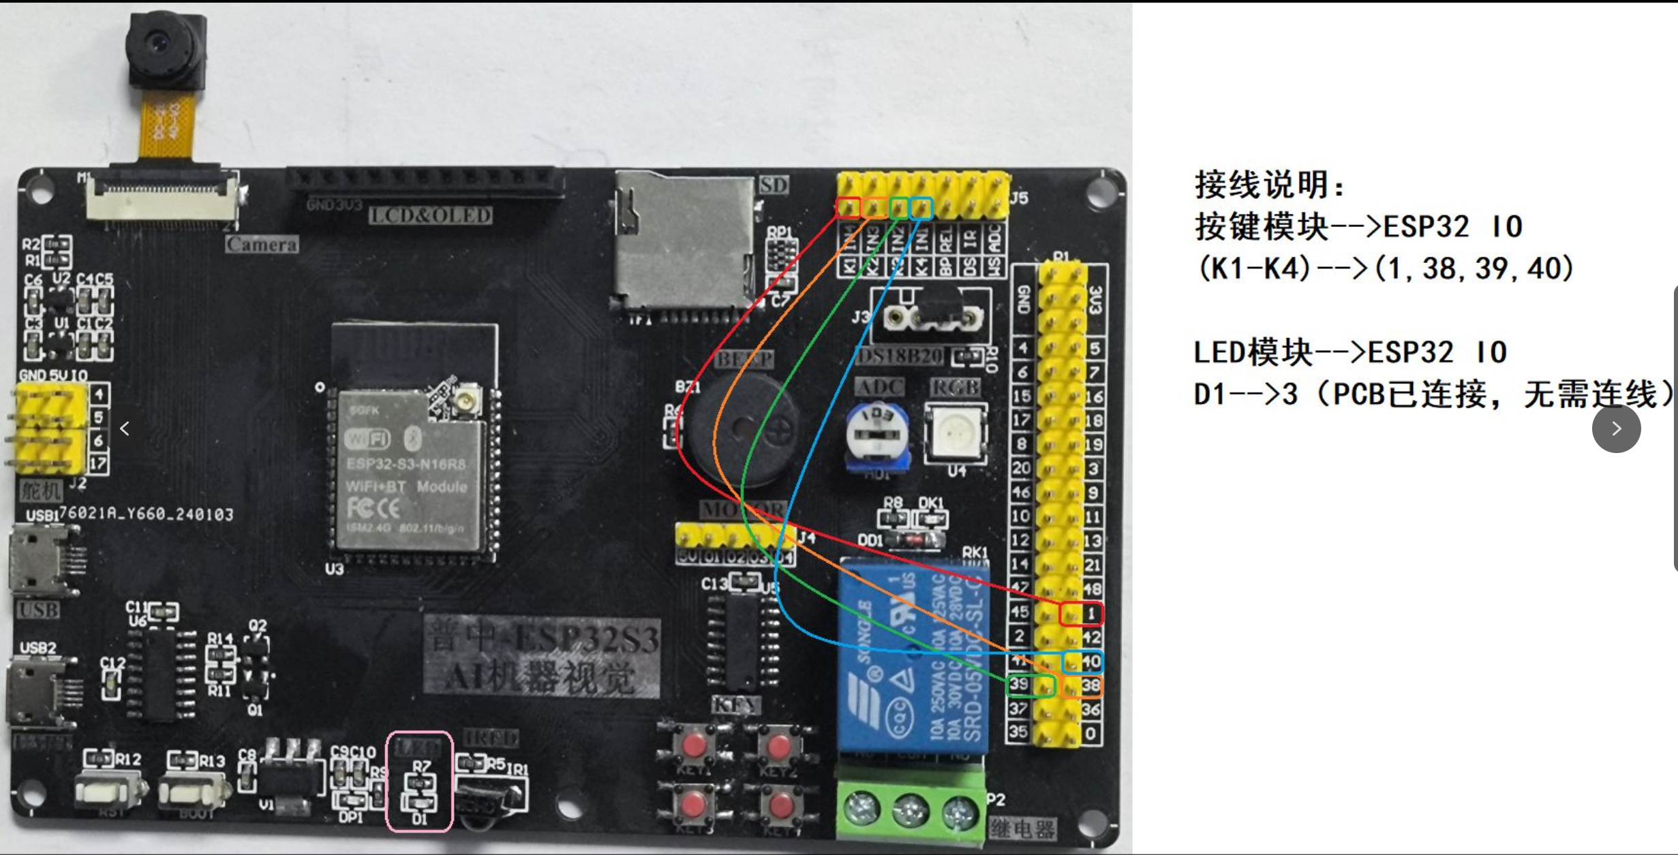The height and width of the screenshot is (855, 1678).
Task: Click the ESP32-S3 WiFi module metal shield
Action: (x=409, y=470)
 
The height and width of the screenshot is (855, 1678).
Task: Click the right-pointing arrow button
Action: (x=1616, y=429)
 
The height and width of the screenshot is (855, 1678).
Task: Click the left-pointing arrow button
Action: (x=125, y=429)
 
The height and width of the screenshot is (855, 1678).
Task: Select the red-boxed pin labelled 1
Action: (x=1081, y=614)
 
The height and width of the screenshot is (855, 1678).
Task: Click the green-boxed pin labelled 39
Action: (x=1030, y=685)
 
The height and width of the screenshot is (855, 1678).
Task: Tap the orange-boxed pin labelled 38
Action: (x=1082, y=685)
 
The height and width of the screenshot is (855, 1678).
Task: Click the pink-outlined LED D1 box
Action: (x=419, y=781)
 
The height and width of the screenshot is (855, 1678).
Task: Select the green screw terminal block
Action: (x=911, y=809)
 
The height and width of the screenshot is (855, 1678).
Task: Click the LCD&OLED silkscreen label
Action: (x=430, y=216)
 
